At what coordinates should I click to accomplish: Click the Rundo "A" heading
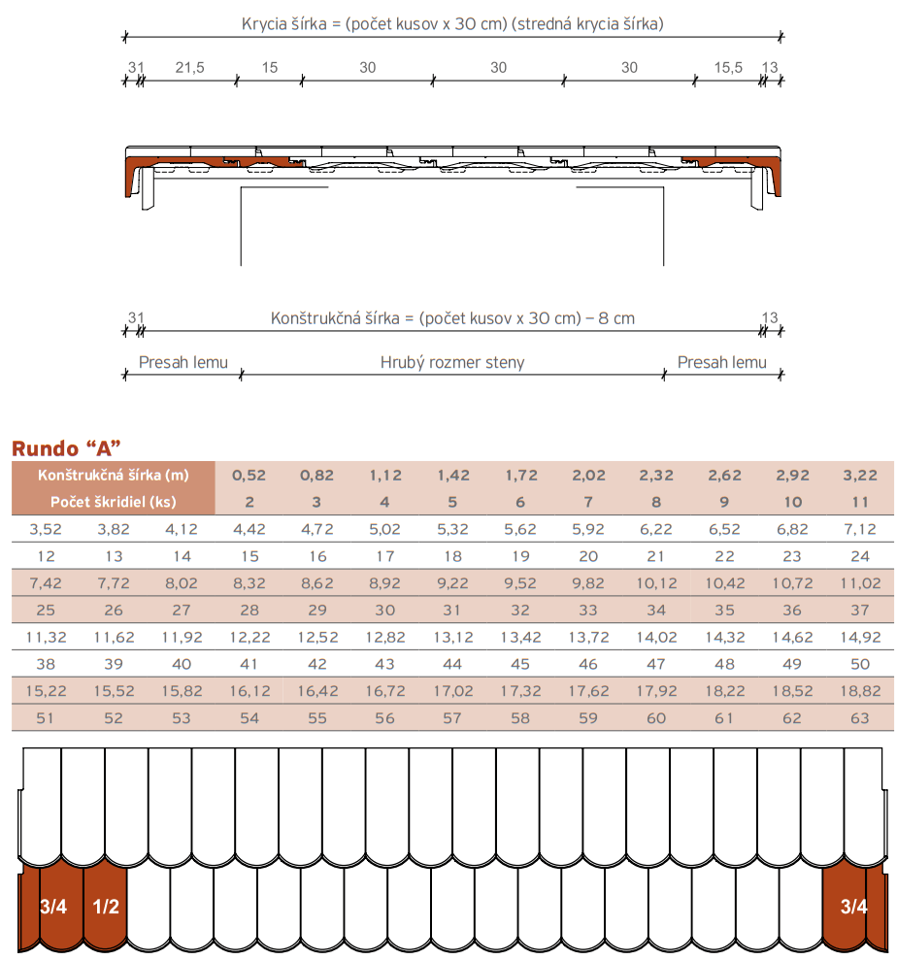65,448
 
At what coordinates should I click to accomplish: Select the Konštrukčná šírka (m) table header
113,475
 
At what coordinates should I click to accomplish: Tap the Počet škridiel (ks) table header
113,502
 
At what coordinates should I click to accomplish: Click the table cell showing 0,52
248,476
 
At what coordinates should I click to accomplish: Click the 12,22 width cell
248,638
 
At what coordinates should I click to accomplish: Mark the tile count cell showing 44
452,665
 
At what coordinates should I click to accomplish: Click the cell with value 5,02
384,529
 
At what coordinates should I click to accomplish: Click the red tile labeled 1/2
105,908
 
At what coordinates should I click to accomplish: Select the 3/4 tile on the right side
853,908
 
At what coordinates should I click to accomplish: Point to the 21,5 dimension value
189,67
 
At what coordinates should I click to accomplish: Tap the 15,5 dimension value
728,67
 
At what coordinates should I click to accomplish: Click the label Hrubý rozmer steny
452,363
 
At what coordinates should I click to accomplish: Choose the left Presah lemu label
183,363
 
